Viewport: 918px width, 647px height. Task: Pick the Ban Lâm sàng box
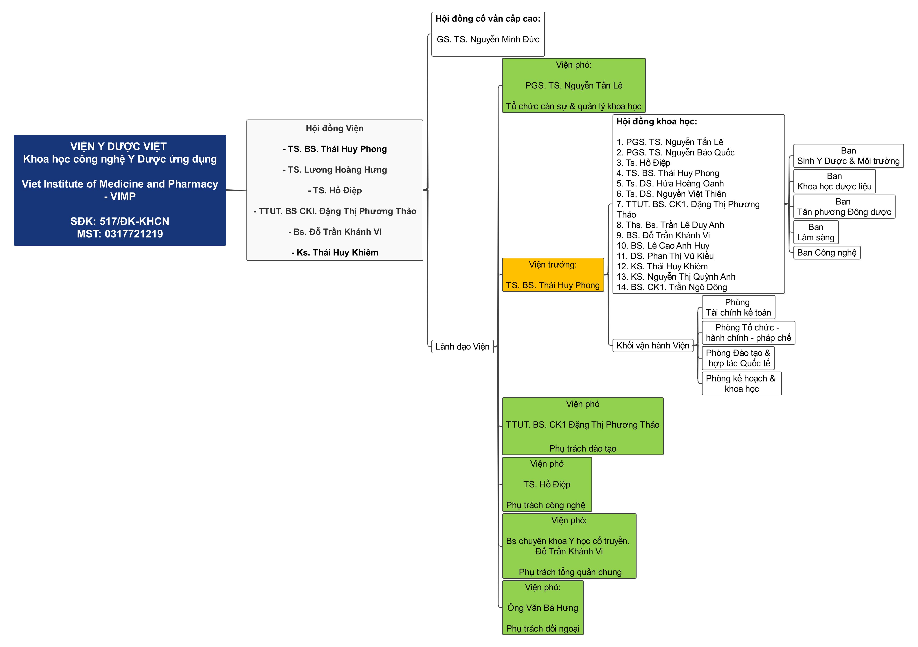(816, 232)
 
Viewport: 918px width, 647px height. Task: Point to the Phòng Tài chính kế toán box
(738, 307)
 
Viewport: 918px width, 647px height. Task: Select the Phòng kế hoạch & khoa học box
(741, 383)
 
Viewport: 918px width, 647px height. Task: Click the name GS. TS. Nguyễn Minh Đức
(488, 39)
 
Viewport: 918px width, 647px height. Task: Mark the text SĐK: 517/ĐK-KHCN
(120, 221)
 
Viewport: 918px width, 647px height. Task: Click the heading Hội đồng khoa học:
(657, 122)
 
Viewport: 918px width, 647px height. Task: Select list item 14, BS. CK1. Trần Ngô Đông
(672, 287)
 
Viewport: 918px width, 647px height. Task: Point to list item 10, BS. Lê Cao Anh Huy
(663, 246)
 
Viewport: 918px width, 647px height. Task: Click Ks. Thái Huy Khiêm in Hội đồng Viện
(335, 253)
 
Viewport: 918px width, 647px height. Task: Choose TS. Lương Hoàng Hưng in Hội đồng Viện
(335, 170)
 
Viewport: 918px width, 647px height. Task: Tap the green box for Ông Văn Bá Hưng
(542, 607)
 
